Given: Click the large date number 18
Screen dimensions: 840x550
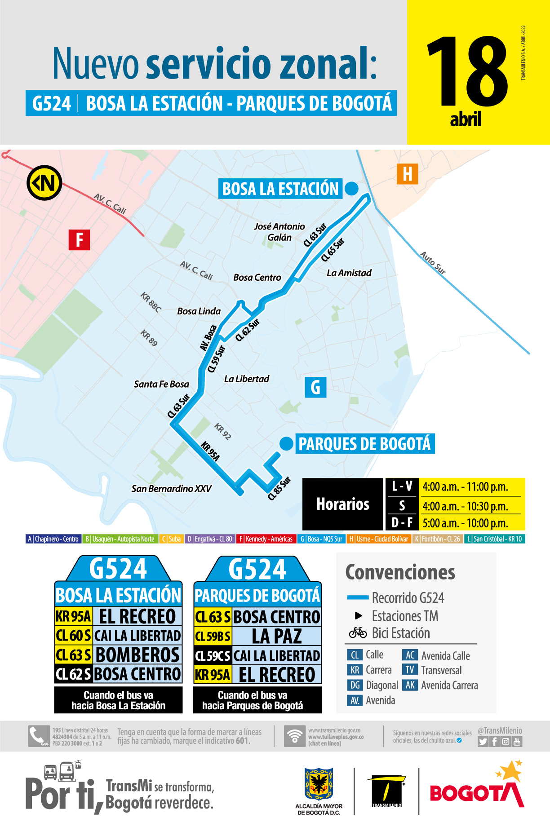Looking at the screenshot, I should (467, 72).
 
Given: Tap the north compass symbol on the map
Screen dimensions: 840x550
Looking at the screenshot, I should (44, 183).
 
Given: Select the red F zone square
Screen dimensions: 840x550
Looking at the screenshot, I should (79, 239).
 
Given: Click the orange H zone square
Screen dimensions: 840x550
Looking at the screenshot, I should (407, 174).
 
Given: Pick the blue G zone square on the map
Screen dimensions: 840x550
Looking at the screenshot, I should (315, 387).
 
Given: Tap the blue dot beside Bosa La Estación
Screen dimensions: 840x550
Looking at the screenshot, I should (351, 189).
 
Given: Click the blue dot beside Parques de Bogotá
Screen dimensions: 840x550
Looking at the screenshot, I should (286, 444).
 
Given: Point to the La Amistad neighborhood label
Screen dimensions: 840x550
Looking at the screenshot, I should (349, 273).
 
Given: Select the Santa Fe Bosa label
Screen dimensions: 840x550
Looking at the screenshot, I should (161, 384).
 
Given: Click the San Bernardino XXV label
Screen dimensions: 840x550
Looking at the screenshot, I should (171, 489).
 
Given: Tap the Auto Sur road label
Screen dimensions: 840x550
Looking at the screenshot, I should (433, 263).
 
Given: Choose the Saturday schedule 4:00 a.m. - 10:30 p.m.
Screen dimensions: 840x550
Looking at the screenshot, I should (465, 506).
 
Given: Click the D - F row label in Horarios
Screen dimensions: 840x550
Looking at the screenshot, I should (402, 523).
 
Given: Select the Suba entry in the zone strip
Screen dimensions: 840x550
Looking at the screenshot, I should (171, 539).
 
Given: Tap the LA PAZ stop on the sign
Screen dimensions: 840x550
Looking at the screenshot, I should (277, 636).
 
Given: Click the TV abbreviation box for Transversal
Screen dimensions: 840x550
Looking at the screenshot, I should (410, 670).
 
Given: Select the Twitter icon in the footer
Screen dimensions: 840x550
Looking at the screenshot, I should (483, 742).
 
